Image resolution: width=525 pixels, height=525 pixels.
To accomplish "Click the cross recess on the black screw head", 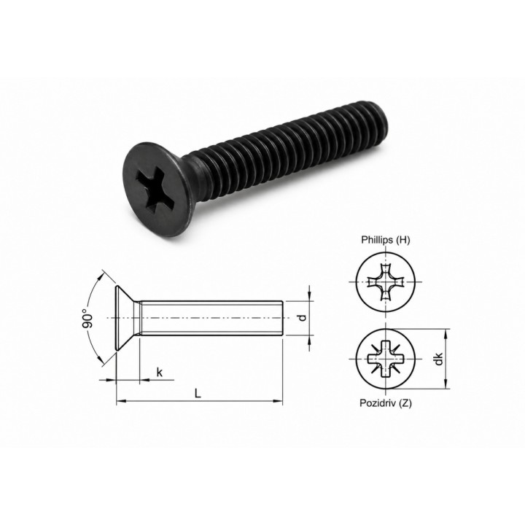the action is point(155,189).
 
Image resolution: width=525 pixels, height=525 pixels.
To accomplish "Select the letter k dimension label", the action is point(160,373).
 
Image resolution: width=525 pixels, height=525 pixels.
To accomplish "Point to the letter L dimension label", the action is point(198,394).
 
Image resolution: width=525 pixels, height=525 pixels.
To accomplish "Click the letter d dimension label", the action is point(303,317).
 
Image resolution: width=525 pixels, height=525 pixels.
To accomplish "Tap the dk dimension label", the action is point(439,359).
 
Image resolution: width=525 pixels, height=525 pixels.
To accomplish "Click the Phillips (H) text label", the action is point(386,240).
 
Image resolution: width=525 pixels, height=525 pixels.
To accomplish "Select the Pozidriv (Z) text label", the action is point(386,403).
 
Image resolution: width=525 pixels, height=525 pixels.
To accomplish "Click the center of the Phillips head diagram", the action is point(386,282).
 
